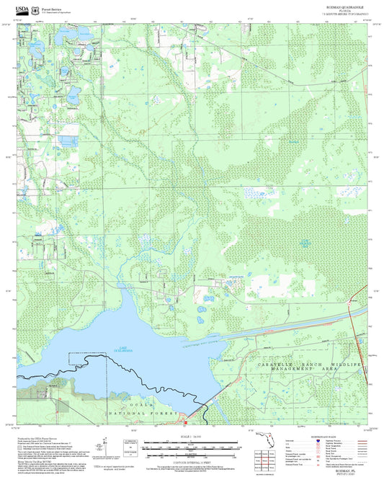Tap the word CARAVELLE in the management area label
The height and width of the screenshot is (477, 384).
274,366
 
